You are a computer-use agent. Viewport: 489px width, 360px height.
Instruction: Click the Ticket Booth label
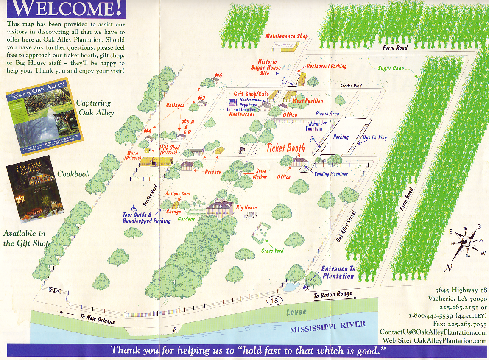point(285,148)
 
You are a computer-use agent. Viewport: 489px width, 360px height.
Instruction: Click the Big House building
point(220,208)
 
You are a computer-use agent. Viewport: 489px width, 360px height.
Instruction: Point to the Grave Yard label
point(272,251)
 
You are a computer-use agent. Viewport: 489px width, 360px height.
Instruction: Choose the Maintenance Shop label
point(287,36)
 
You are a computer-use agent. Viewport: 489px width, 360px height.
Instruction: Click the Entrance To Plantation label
point(338,272)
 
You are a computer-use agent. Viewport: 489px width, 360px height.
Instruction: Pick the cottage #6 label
point(218,75)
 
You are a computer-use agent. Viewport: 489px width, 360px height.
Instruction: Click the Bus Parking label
point(374,137)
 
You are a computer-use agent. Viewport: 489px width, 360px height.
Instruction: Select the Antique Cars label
point(177,194)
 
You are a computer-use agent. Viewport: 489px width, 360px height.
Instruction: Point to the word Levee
point(296,312)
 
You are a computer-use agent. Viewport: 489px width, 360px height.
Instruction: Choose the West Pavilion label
point(308,101)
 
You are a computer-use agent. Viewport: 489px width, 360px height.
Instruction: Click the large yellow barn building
point(156,162)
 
